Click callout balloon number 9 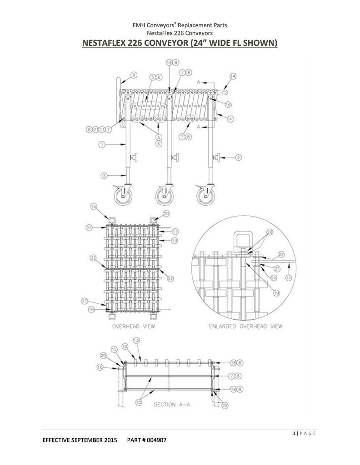point(134,75)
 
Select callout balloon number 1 point(102,144)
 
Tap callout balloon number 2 point(238,158)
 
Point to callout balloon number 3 point(104,176)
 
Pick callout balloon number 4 point(230,119)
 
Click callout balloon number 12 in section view point(125,346)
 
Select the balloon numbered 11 point(102,129)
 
